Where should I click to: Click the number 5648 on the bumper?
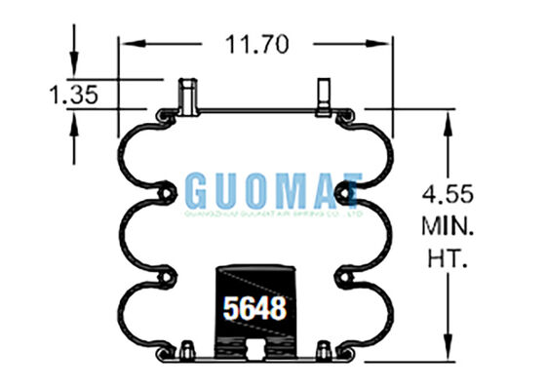(x=254, y=308)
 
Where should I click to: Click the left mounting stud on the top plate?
(x=186, y=96)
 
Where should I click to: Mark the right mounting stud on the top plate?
(x=322, y=96)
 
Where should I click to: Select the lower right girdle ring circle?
(x=346, y=274)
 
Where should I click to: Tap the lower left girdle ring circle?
(x=162, y=274)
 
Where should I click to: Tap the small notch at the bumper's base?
(x=254, y=350)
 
